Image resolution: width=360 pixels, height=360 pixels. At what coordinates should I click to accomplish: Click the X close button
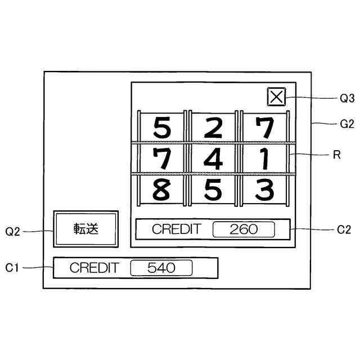[276, 97]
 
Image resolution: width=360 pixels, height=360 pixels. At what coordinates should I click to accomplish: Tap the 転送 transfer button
[85, 229]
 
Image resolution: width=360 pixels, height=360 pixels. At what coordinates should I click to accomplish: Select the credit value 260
[244, 229]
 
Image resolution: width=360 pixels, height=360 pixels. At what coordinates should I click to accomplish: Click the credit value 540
[161, 268]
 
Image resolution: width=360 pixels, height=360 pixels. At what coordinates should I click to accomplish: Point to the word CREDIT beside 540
[94, 268]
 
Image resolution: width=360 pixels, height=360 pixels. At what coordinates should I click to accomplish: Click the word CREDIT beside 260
[176, 229]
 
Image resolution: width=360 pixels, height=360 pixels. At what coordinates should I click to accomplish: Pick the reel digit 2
[213, 128]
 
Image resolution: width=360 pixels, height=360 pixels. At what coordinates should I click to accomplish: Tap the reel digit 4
[213, 159]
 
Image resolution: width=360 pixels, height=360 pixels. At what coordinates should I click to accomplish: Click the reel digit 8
[162, 190]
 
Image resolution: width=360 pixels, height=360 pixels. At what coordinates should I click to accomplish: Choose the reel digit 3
[264, 190]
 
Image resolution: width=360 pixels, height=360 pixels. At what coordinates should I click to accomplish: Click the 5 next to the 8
[213, 190]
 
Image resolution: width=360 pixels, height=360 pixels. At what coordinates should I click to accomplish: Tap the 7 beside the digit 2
[264, 128]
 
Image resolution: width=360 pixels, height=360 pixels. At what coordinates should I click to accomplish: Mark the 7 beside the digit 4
[162, 159]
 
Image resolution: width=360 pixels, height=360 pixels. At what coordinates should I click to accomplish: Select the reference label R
[337, 155]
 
